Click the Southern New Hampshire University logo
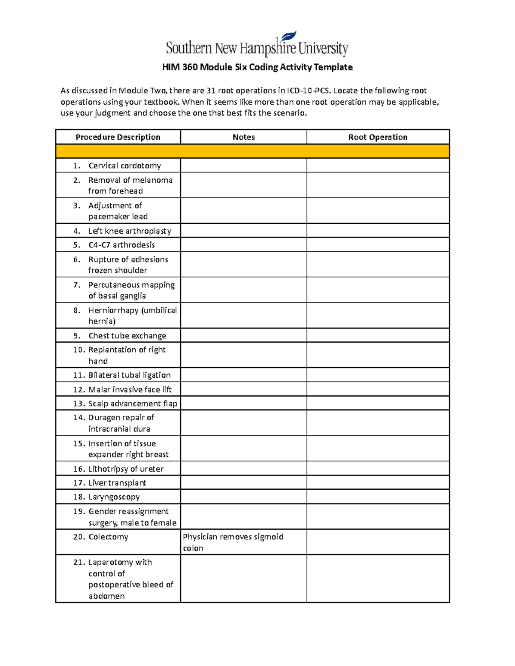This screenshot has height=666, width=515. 257,45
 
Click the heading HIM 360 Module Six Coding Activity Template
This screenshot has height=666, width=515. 257,67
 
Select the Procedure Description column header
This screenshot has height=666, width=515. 118,137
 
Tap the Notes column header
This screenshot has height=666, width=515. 243,137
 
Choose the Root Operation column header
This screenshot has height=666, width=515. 378,137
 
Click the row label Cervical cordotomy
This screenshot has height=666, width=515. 124,166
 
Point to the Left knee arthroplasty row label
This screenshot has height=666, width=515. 130,231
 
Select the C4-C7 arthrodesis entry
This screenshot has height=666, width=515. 121,245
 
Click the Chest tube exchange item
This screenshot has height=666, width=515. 127,336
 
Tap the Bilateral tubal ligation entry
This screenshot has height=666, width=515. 129,375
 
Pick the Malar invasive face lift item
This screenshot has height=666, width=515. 130,389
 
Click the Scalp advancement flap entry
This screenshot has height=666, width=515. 132,404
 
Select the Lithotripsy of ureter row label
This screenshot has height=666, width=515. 126,469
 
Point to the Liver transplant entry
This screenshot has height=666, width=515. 117,483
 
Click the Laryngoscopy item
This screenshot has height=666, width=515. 114,497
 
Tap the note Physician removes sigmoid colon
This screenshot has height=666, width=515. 233,542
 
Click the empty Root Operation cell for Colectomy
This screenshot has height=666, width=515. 378,542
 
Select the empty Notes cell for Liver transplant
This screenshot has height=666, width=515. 243,483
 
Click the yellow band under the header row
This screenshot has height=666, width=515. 252,151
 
